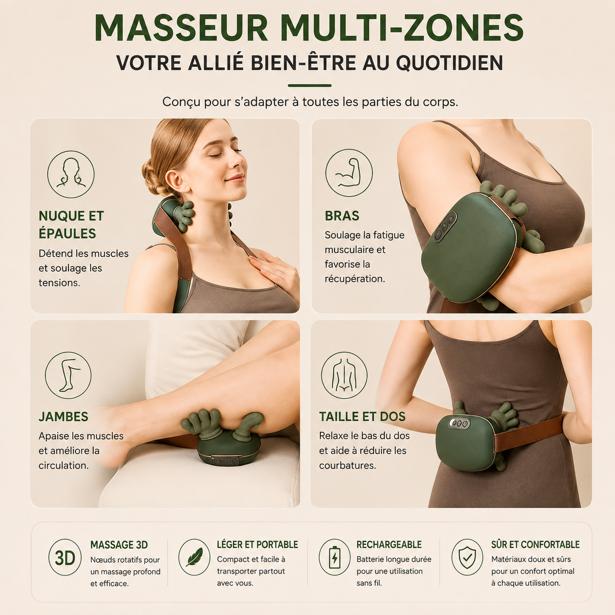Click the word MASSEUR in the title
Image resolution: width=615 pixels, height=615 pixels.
click(181, 28)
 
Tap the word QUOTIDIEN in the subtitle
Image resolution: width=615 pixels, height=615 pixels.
click(449, 63)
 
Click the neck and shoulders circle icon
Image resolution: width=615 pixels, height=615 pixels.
click(71, 174)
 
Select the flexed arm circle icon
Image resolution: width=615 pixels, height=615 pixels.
click(349, 173)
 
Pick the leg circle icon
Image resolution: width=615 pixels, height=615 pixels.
click(68, 375)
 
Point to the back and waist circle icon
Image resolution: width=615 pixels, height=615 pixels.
click(344, 375)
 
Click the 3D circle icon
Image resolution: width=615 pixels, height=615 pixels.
click(65, 557)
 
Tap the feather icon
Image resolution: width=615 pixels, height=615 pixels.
click(194, 557)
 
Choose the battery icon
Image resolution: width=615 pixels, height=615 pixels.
click(335, 557)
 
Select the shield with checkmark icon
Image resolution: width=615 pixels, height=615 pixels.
click(467, 557)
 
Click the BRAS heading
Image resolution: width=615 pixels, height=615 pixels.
click(342, 216)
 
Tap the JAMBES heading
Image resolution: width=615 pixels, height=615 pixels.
click(64, 417)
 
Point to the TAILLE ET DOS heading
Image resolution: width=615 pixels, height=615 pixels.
click(362, 417)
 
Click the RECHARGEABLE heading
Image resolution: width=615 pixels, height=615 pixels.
click(388, 544)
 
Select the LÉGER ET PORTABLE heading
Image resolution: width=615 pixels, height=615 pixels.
click(257, 544)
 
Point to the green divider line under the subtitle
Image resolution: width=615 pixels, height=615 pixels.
click(309, 86)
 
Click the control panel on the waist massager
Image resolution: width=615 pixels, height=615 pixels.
click(459, 423)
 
